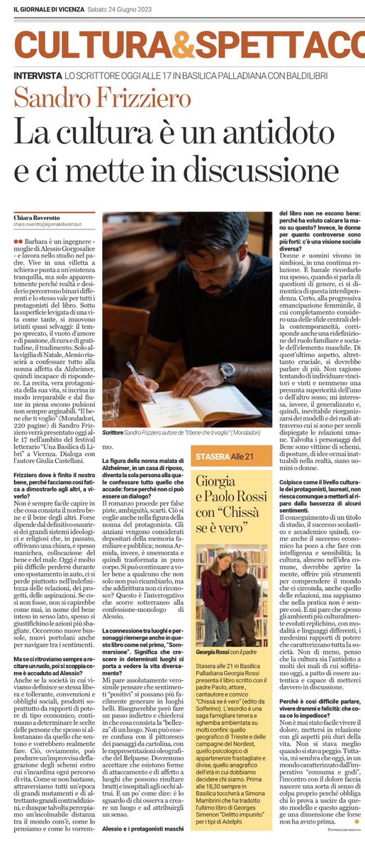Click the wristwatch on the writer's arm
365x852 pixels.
[227, 370]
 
